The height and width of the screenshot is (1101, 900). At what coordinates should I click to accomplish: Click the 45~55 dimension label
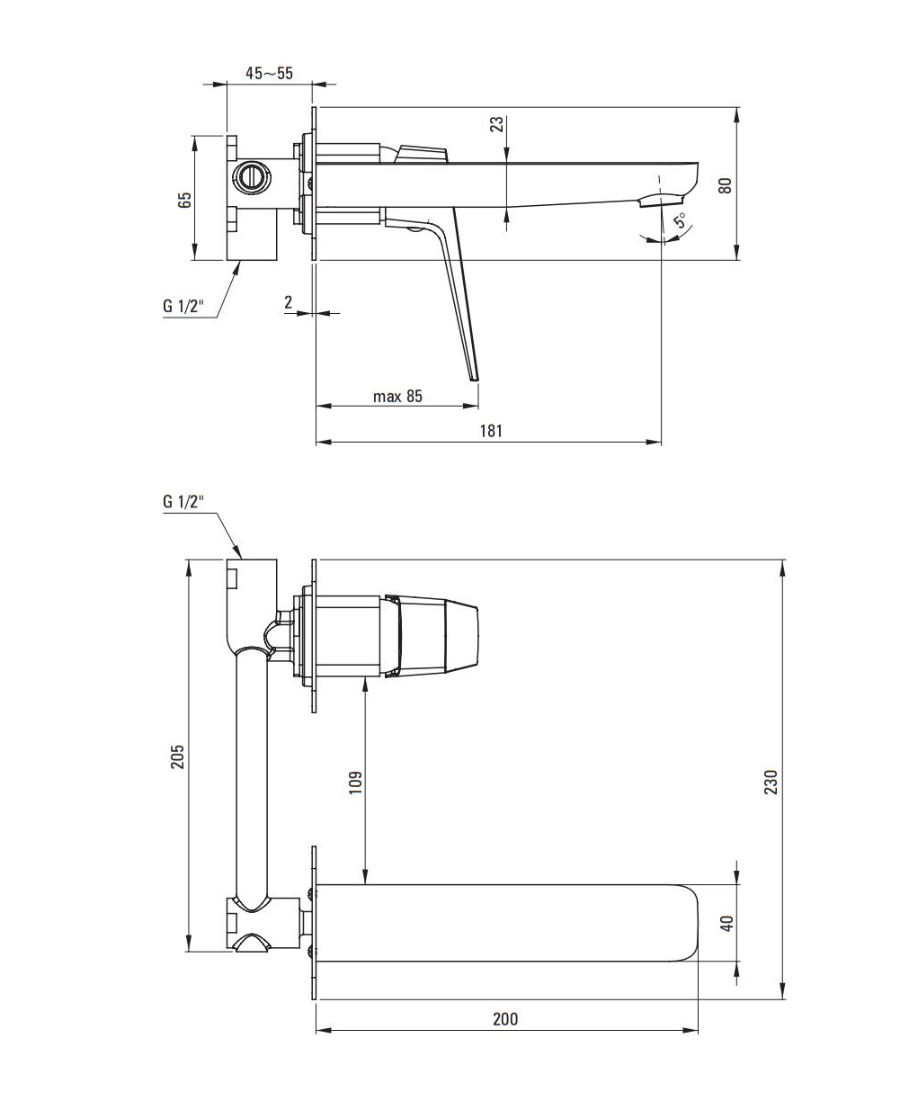click(269, 73)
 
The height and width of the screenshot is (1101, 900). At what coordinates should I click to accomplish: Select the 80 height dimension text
click(726, 186)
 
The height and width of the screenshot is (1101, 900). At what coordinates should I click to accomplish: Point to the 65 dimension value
click(184, 200)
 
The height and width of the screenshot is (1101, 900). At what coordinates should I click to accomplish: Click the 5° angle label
click(682, 219)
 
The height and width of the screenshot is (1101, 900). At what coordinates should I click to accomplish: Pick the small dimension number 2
click(288, 301)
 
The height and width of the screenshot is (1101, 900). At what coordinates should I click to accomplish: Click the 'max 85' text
click(397, 397)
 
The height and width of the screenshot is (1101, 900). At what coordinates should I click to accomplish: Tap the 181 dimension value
click(491, 431)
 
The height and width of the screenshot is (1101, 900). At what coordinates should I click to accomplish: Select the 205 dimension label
click(178, 756)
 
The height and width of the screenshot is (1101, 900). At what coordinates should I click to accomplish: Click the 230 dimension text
click(771, 782)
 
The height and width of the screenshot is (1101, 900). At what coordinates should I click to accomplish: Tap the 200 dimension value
click(505, 1034)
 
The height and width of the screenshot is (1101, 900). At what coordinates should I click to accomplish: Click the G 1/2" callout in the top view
click(183, 306)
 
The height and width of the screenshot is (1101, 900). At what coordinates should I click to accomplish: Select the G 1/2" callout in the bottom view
click(183, 502)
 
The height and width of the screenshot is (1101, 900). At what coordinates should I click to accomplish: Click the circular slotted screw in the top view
click(253, 175)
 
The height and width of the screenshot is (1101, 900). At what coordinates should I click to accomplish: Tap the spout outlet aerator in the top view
click(661, 200)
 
